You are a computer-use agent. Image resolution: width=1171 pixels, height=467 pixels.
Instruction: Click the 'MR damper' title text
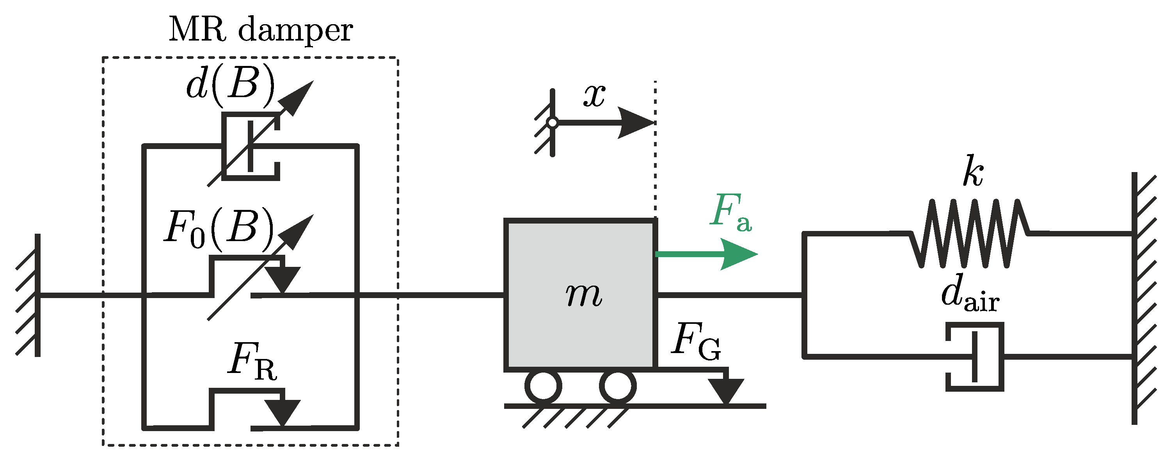[261, 30]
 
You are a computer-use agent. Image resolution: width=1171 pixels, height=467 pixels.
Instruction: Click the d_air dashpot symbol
[976, 357]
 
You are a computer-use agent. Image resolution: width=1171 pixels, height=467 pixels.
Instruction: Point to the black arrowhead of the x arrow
[636, 123]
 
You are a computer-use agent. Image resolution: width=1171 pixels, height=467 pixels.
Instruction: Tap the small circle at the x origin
[552, 123]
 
